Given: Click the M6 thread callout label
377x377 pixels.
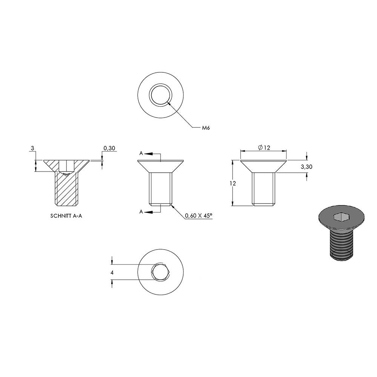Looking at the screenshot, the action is tap(206, 128).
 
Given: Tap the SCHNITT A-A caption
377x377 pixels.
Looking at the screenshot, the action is tap(66, 216).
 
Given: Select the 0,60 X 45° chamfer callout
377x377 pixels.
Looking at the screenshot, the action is tap(199, 215).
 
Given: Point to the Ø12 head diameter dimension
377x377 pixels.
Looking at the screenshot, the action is tap(264, 147).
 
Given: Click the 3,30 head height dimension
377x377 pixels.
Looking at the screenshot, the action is tap(307, 167).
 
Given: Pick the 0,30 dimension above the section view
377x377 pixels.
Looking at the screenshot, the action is tap(109, 148).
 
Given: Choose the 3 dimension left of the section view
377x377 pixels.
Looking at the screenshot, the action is tap(33, 148).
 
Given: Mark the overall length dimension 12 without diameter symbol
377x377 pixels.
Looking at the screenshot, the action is tap(233, 183).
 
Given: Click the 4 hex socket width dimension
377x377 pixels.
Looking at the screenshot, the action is tap(112, 273).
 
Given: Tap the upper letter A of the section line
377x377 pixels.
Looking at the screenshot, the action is tap(141, 153).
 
